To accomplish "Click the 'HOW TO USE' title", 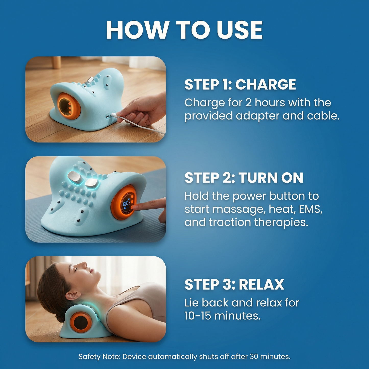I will pyautogui.click(x=184, y=30).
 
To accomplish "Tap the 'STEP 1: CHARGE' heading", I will pyautogui.click(x=240, y=85).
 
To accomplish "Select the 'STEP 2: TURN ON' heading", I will pyautogui.click(x=244, y=178).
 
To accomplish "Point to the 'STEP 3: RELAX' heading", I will pyautogui.click(x=234, y=285).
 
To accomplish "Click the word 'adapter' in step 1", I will pyautogui.click(x=257, y=116).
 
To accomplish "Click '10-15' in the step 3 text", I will pyautogui.click(x=197, y=316).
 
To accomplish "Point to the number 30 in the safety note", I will pyautogui.click(x=254, y=356).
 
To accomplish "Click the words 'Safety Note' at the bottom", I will pyautogui.click(x=99, y=356).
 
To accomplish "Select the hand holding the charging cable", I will pyautogui.click(x=143, y=110).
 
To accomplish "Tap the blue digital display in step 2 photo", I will pyautogui.click(x=126, y=204).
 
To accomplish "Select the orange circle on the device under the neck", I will pyautogui.click(x=80, y=322).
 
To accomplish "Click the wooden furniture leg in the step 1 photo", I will pyautogui.click(x=56, y=62).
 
